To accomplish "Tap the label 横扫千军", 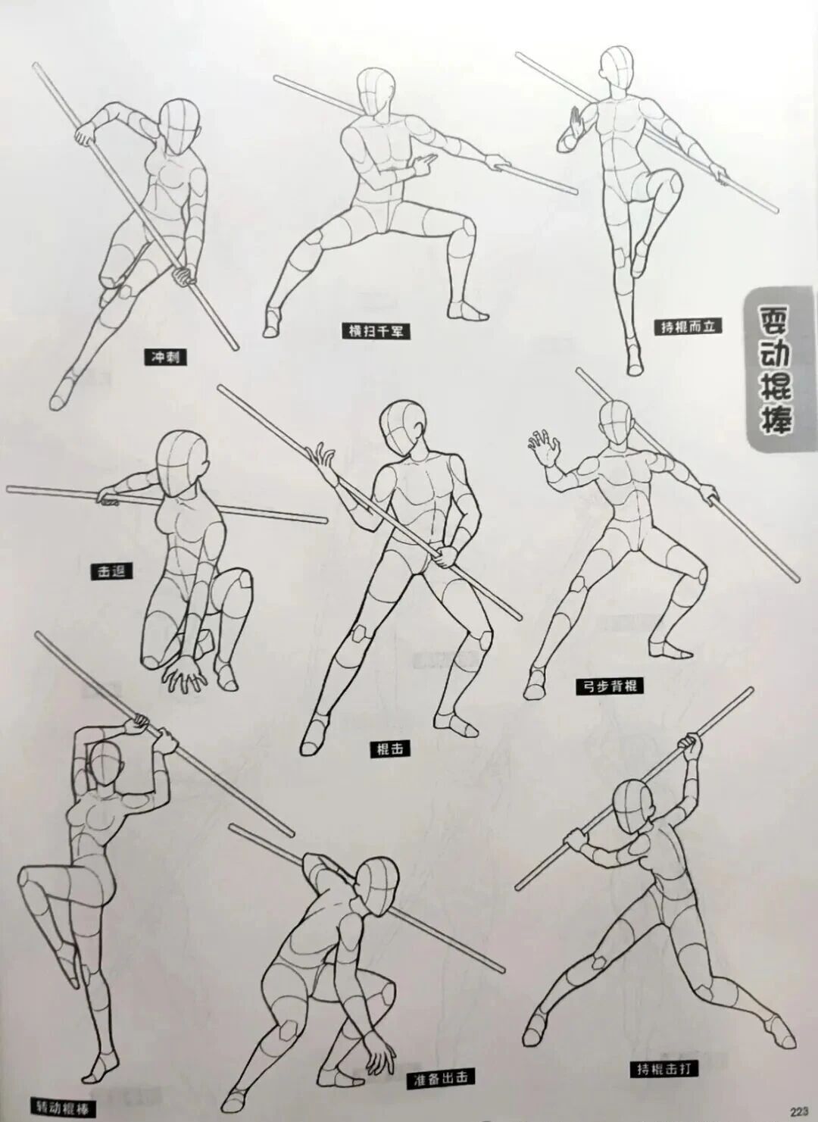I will [x=376, y=330].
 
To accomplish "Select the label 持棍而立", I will [x=688, y=326].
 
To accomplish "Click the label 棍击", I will [x=390, y=749].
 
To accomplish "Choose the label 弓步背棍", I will [x=610, y=686].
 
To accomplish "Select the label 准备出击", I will [x=441, y=1079].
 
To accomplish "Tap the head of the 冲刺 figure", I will [x=180, y=127].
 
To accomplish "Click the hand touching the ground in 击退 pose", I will [x=185, y=673].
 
